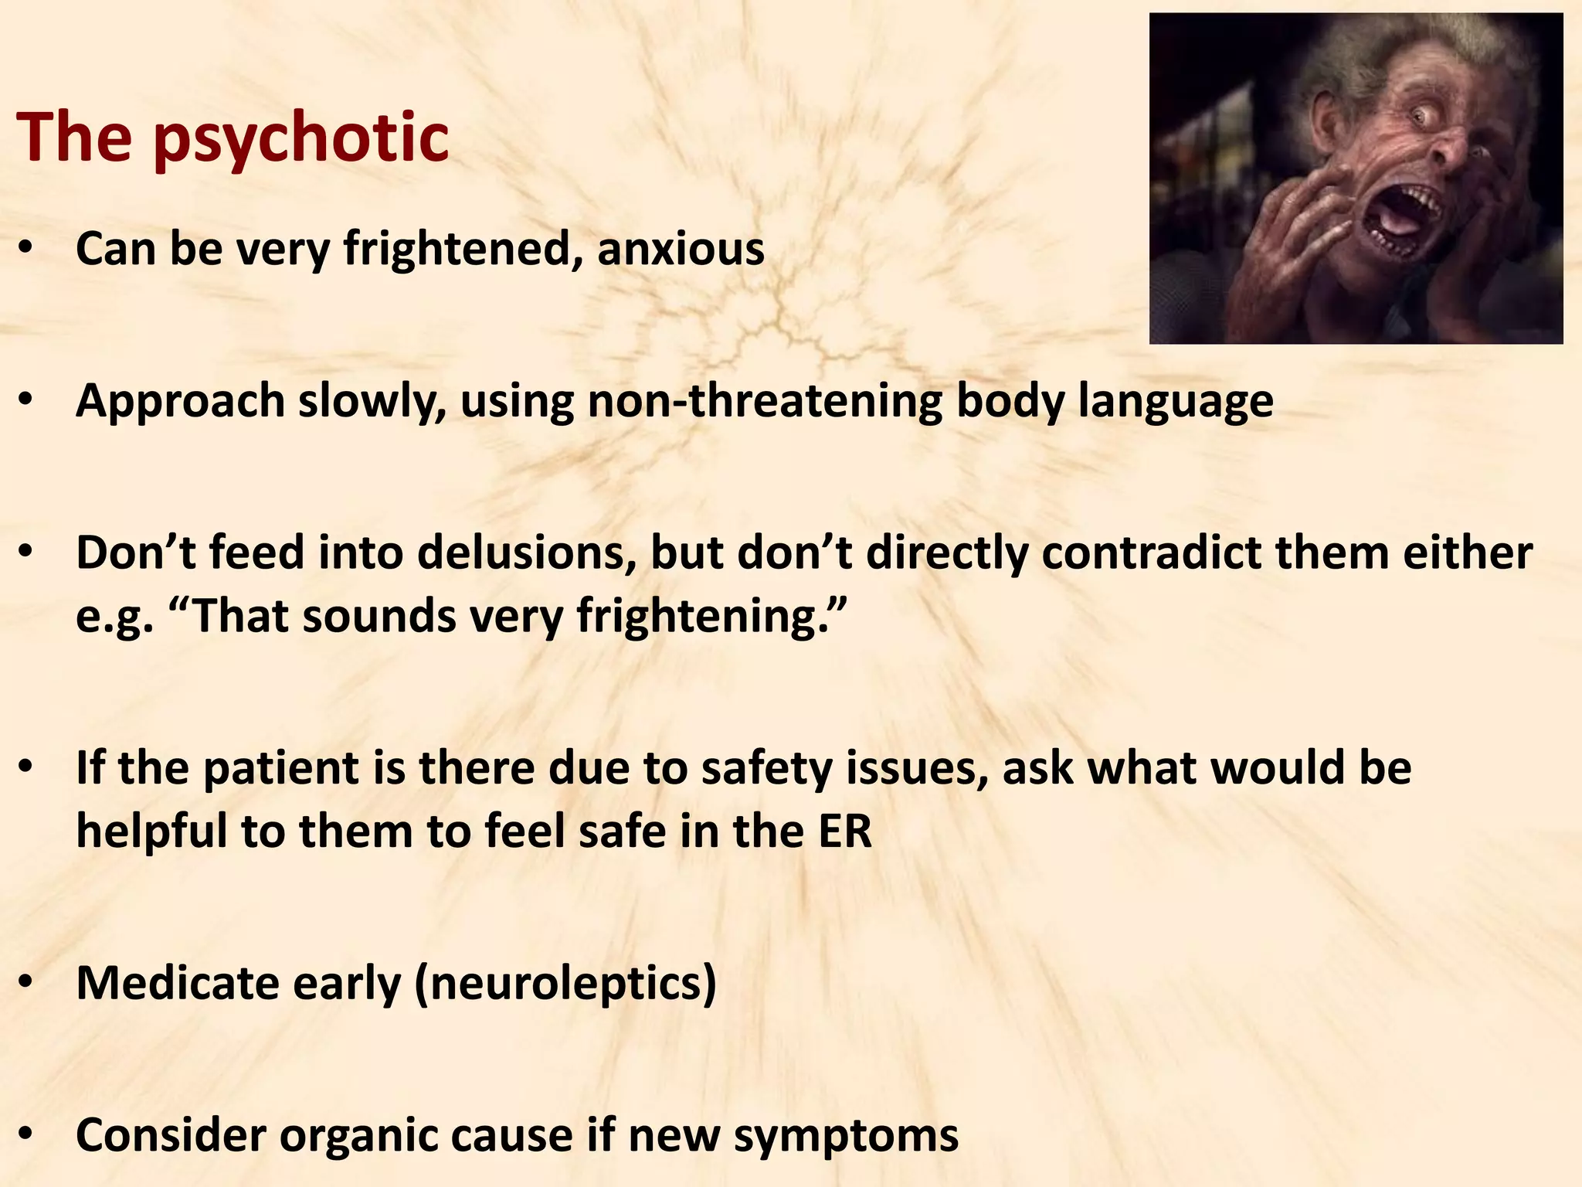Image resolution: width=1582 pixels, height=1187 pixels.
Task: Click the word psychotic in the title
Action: click(x=300, y=139)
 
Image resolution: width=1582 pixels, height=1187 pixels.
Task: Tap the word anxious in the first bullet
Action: click(x=681, y=249)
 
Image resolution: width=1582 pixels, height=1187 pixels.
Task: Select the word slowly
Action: click(x=372, y=402)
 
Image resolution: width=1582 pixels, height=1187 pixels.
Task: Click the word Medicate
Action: click(x=177, y=983)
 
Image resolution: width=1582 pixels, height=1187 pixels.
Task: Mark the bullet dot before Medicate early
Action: click(x=26, y=981)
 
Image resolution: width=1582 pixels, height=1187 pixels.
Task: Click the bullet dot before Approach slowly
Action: click(x=26, y=400)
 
